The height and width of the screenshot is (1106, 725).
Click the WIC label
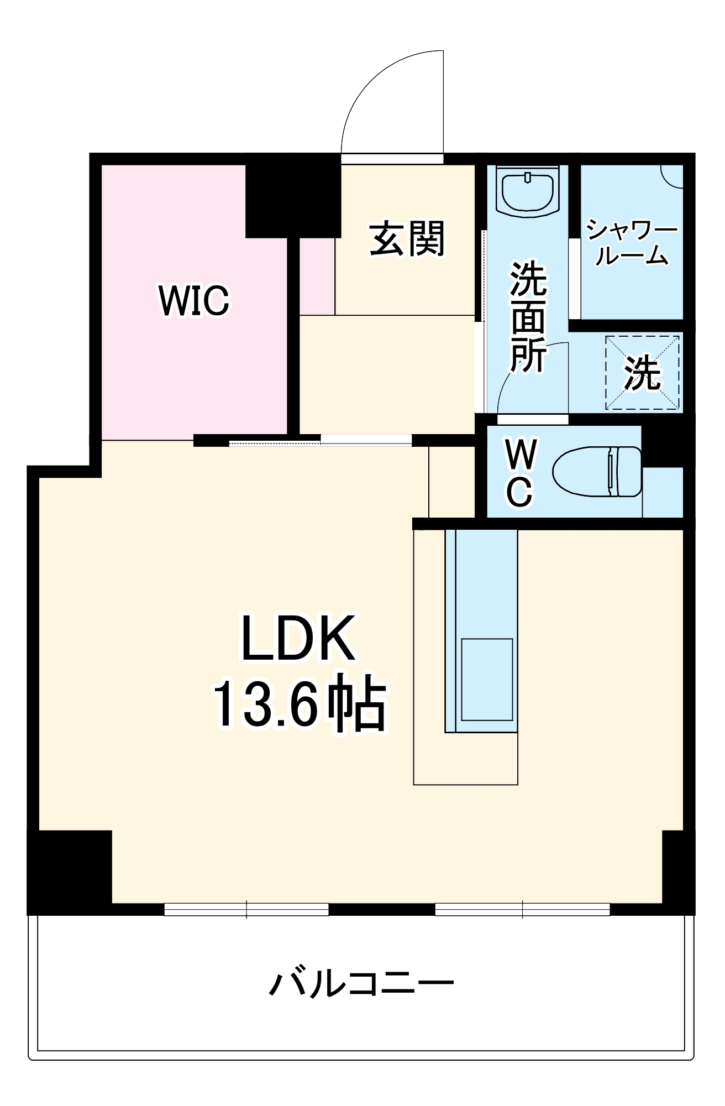(x=193, y=300)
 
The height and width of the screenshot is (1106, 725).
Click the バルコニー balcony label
(x=362, y=983)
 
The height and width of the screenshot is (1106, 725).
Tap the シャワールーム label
(x=632, y=242)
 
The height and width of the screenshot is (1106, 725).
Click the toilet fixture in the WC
(x=597, y=472)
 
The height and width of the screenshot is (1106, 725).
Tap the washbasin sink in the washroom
(x=528, y=191)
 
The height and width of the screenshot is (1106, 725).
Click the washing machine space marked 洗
(x=643, y=372)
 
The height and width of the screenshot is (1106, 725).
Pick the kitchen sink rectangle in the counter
(x=487, y=680)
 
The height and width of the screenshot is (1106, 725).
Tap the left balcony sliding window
(x=246, y=909)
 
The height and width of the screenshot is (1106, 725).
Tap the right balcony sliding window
(x=522, y=909)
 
